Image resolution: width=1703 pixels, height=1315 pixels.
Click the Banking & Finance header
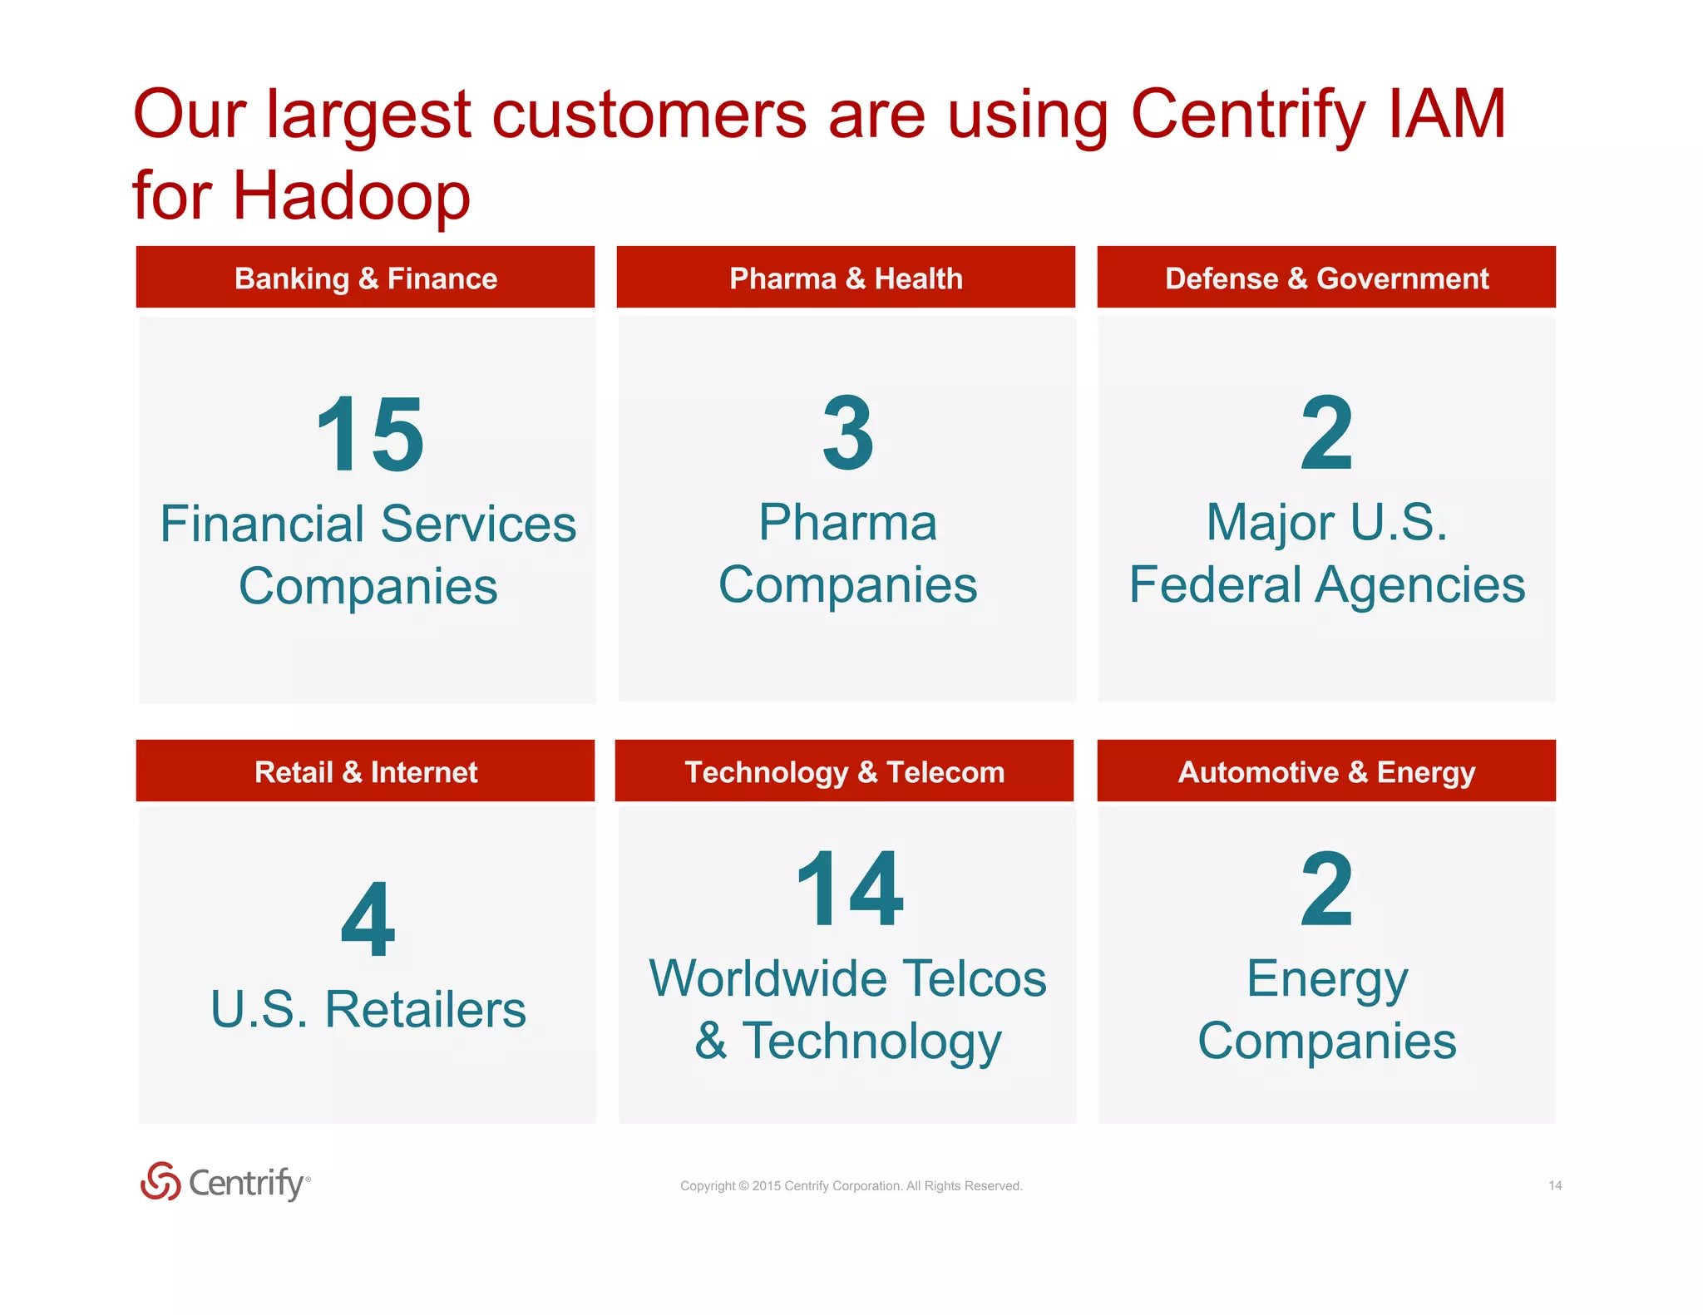[366, 278]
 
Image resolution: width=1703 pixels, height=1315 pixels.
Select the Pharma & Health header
[846, 278]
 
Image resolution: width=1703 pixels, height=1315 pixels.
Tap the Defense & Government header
[1326, 278]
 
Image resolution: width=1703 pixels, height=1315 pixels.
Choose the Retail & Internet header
[366, 771]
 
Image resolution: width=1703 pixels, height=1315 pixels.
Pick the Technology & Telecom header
[844, 771]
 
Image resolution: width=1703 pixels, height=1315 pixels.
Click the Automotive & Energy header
[1326, 771]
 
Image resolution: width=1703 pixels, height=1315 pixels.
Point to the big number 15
[370, 435]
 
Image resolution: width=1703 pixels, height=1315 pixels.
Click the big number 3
[847, 433]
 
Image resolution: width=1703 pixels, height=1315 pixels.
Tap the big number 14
[849, 889]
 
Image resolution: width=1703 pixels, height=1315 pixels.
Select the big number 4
[368, 920]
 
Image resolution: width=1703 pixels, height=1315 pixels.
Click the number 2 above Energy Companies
[1326, 889]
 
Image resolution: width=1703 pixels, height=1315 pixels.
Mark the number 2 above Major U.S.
[1326, 433]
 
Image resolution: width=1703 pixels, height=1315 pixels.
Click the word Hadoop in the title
[351, 196]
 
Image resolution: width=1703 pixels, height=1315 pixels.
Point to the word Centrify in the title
[1247, 115]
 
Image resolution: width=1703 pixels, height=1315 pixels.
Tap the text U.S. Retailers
[368, 1009]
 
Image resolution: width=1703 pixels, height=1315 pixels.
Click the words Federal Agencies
[1326, 584]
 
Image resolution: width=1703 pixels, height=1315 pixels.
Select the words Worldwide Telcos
[847, 978]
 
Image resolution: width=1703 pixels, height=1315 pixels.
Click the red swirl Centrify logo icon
[160, 1181]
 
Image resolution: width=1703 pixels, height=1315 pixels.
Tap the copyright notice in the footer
[851, 1185]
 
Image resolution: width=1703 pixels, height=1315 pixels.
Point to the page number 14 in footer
[1554, 1185]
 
